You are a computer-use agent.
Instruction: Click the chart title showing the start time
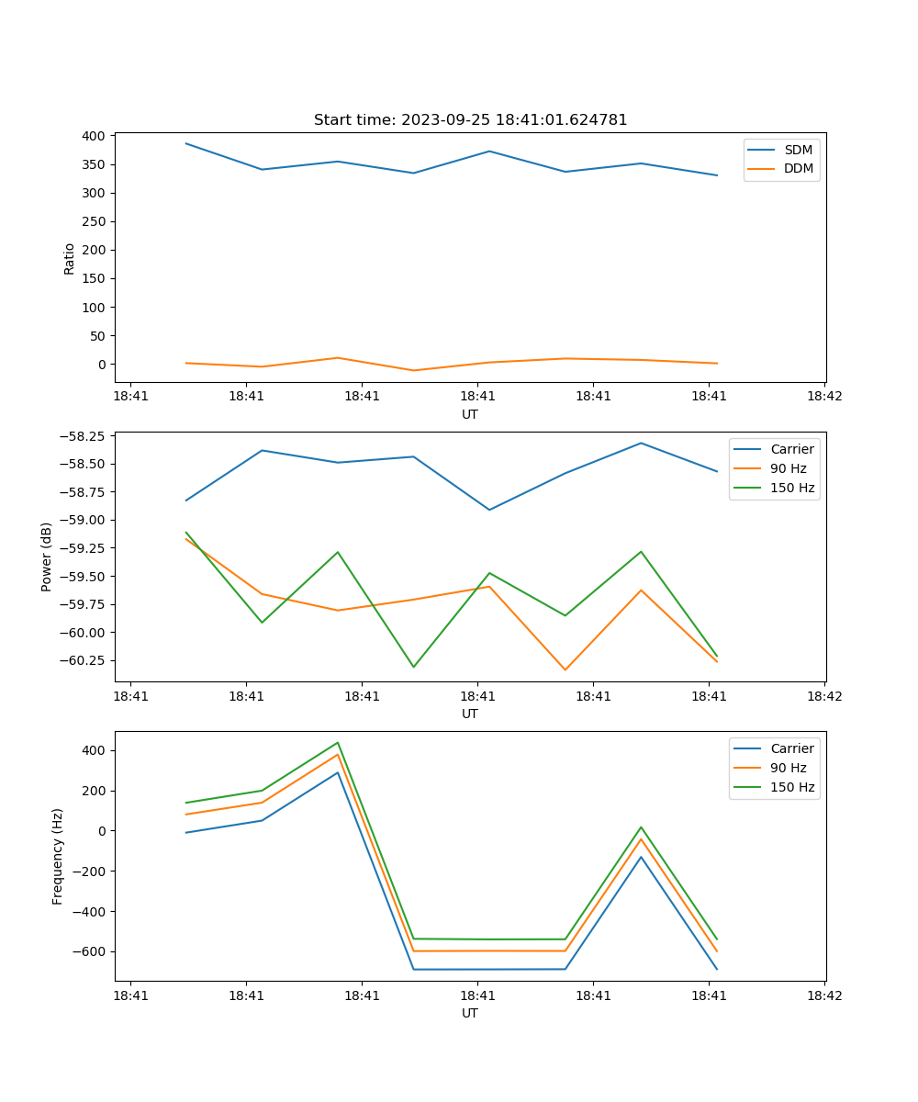[x=470, y=120]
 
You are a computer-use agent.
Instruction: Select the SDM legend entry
[x=798, y=150]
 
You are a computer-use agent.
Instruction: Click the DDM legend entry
[x=798, y=168]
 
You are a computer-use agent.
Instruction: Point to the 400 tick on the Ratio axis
[x=93, y=136]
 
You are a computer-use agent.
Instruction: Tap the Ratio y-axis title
[x=70, y=258]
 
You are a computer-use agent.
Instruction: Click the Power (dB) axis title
[x=47, y=557]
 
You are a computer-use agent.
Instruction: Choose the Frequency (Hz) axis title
[x=58, y=856]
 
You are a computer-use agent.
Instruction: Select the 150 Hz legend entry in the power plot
[x=791, y=488]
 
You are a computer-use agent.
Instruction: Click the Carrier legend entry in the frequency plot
[x=791, y=748]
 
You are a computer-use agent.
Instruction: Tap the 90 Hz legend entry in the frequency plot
[x=788, y=768]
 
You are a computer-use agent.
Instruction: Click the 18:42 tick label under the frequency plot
[x=823, y=995]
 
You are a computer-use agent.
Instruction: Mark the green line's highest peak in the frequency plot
[x=338, y=743]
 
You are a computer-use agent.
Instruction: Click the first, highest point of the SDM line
[x=186, y=143]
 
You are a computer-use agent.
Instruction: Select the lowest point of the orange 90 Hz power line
[x=565, y=669]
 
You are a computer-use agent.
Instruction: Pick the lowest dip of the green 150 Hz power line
[x=413, y=667]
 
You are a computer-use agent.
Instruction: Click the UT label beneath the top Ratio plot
[x=470, y=414]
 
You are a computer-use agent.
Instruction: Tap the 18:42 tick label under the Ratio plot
[x=823, y=396]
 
